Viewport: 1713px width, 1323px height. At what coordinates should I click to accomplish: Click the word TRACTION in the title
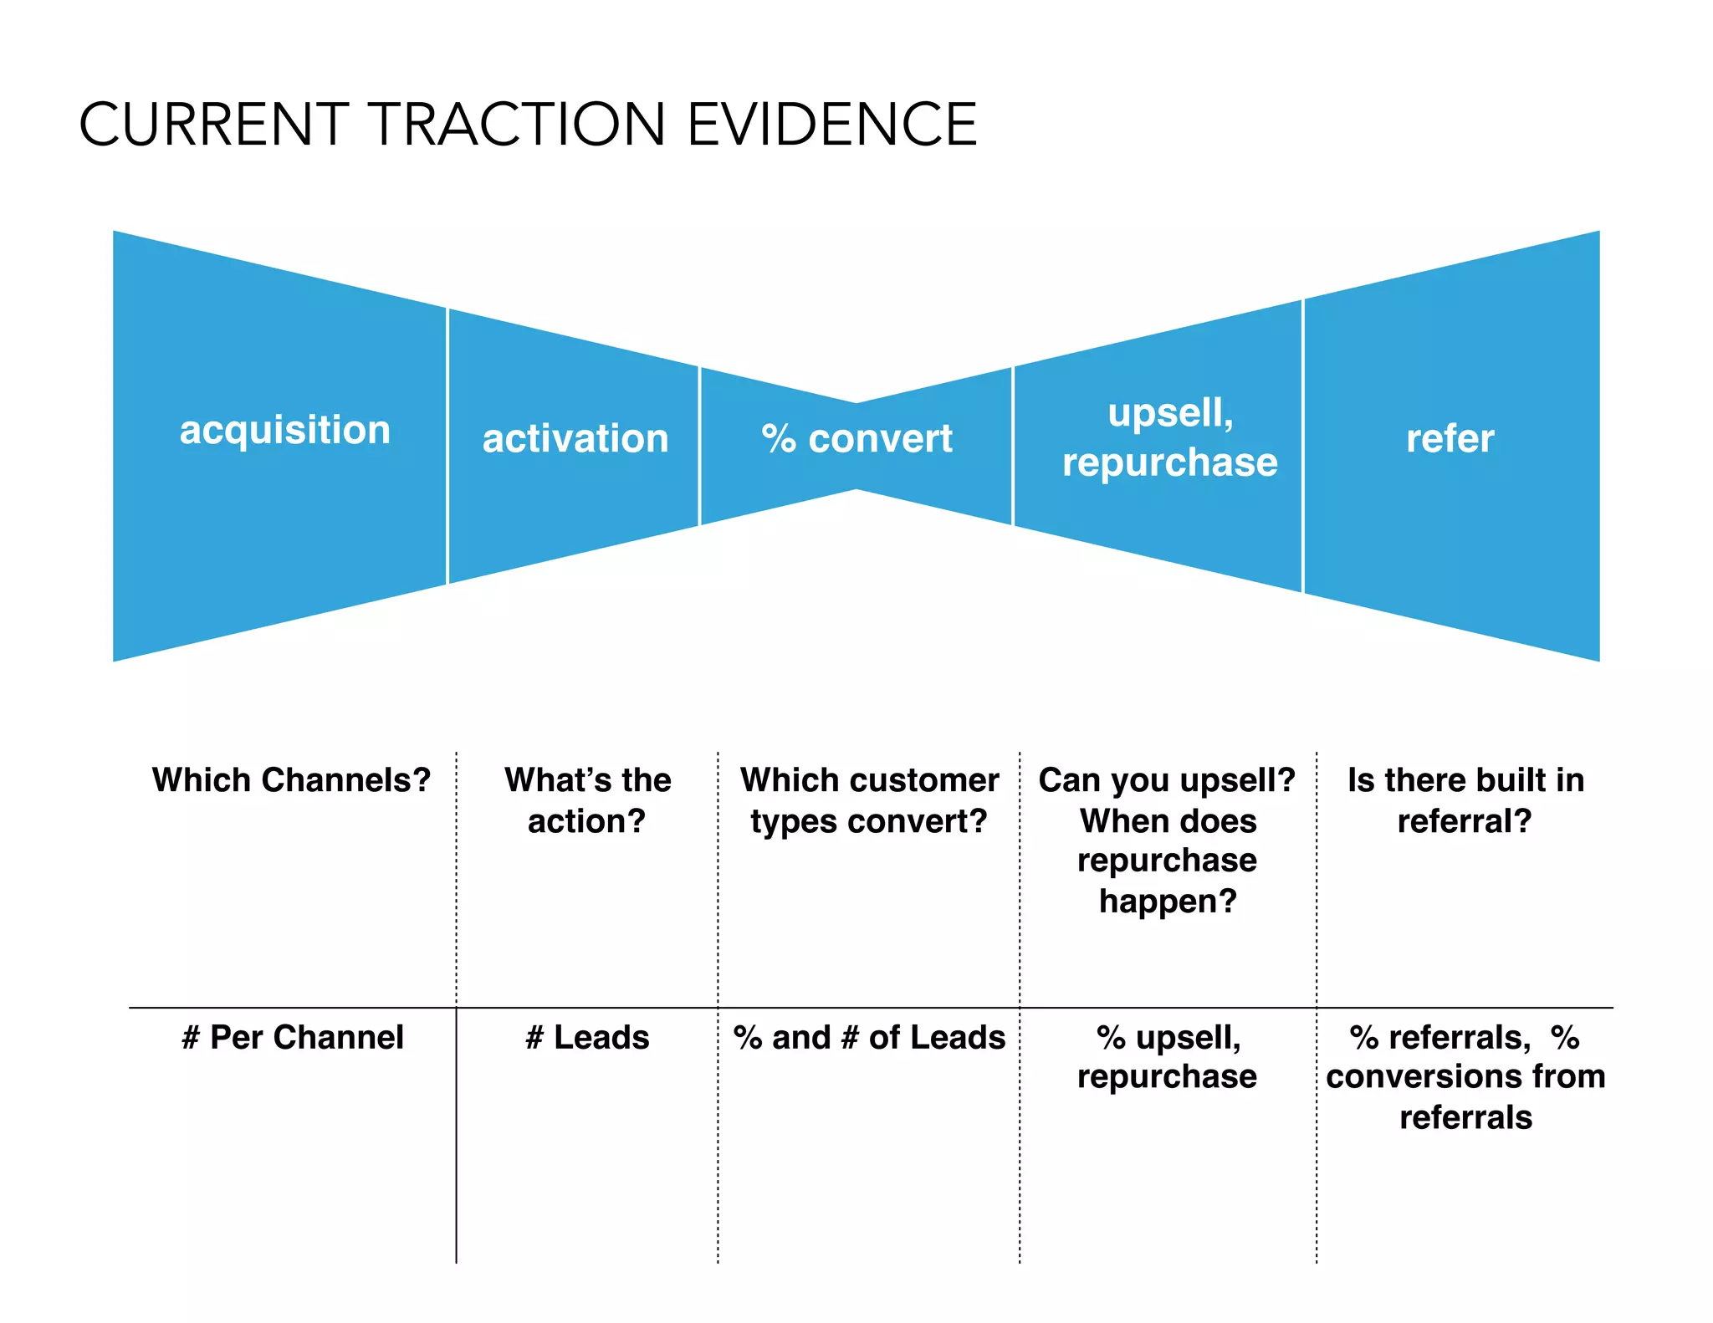tap(516, 125)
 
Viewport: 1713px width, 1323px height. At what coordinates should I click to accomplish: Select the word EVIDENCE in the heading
tap(831, 125)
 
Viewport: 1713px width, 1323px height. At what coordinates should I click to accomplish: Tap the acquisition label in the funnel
tap(284, 431)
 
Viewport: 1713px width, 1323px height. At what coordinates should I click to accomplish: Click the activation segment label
tap(575, 439)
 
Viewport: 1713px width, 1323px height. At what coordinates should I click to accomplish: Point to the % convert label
tap(856, 439)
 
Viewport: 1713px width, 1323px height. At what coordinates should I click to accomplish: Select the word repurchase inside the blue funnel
tap(1169, 462)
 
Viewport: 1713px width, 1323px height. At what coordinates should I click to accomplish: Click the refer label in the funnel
tap(1450, 439)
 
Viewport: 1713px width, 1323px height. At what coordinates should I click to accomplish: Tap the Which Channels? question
tap(291, 780)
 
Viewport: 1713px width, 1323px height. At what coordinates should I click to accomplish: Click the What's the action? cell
tap(587, 800)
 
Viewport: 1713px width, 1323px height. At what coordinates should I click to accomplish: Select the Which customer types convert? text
tap(869, 800)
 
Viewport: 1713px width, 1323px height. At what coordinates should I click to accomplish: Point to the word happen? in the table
tap(1168, 902)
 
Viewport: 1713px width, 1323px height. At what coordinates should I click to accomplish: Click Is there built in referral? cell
tap(1465, 800)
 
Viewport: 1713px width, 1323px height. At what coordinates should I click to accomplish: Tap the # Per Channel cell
tap(292, 1038)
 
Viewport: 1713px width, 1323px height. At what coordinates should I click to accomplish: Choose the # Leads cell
tap(587, 1038)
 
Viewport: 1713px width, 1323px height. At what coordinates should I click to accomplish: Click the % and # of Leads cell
tap(869, 1038)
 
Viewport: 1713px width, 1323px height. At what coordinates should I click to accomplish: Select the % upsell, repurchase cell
tap(1168, 1057)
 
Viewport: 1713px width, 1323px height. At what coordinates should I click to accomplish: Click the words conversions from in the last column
tap(1465, 1077)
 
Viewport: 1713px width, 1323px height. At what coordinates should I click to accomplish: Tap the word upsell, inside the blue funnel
tap(1170, 413)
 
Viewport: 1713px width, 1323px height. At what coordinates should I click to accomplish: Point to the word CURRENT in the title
tap(213, 125)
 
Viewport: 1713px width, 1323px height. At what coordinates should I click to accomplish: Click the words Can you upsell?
tap(1167, 780)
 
